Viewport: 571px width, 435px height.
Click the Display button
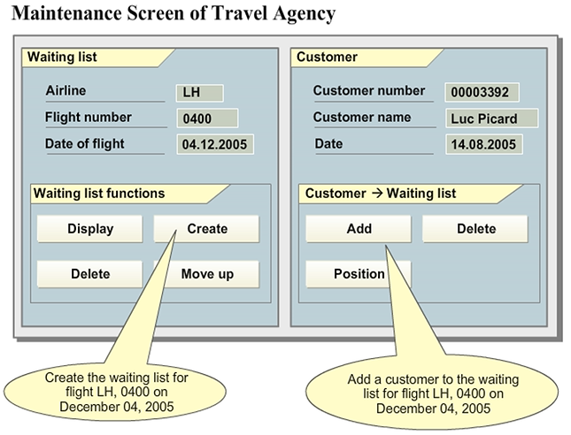(90, 229)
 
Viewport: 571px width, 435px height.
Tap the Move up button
(207, 274)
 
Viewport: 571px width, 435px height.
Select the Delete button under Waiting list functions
(90, 274)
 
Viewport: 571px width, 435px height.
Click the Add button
(359, 229)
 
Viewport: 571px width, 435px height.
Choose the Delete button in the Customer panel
(475, 229)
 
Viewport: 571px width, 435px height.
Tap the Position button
(359, 274)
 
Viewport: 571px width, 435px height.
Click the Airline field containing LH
(199, 93)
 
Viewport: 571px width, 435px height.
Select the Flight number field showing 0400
(207, 118)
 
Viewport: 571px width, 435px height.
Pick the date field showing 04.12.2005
(214, 144)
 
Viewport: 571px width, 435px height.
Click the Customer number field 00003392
(482, 92)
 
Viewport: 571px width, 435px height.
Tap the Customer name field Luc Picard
(492, 118)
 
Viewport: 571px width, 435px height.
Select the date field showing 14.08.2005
(482, 144)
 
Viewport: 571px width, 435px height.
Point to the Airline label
(66, 91)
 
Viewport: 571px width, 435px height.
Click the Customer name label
(362, 117)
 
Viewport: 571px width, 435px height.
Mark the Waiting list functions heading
(99, 194)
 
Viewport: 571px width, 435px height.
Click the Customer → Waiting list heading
(381, 194)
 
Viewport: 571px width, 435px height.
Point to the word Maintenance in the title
(64, 14)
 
